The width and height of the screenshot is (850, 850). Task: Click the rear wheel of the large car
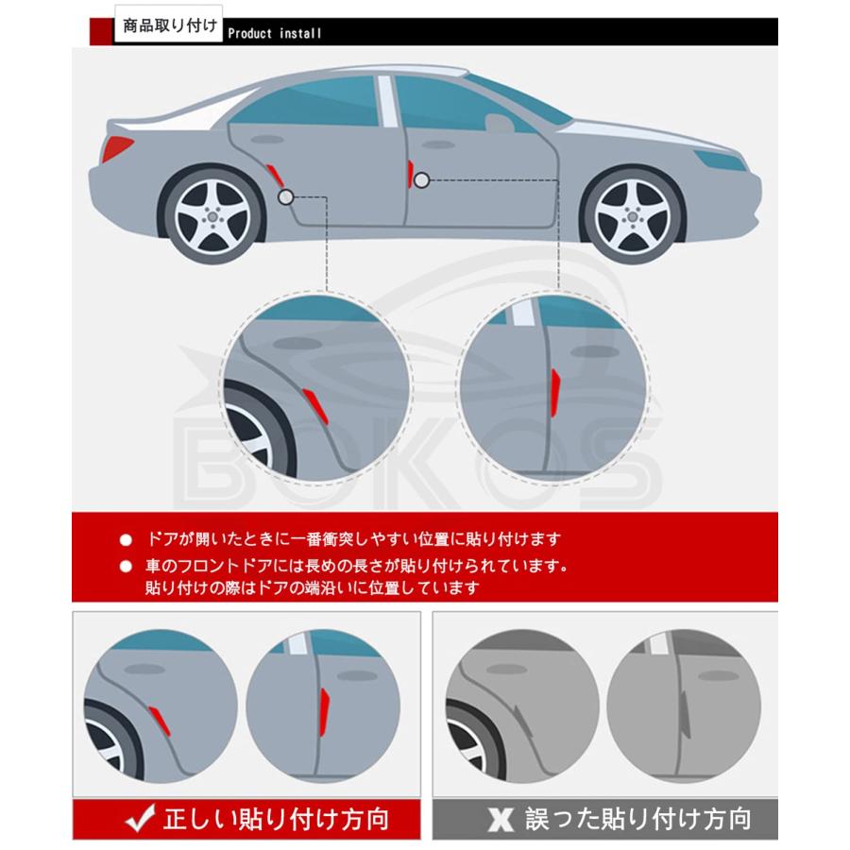click(x=212, y=215)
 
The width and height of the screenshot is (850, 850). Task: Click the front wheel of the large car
click(x=630, y=215)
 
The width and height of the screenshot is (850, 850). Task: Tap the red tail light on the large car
click(x=117, y=148)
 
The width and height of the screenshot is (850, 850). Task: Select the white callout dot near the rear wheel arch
click(x=286, y=196)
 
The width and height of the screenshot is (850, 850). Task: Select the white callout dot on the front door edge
click(x=420, y=178)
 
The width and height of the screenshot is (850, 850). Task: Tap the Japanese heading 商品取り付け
click(x=169, y=24)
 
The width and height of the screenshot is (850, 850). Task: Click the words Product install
click(x=275, y=33)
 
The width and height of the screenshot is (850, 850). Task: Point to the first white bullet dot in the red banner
click(x=126, y=541)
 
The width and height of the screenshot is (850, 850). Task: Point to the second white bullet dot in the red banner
click(x=126, y=568)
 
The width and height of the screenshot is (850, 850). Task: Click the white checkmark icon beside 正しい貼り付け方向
click(x=142, y=819)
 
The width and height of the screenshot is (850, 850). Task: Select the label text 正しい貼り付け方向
click(x=276, y=818)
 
